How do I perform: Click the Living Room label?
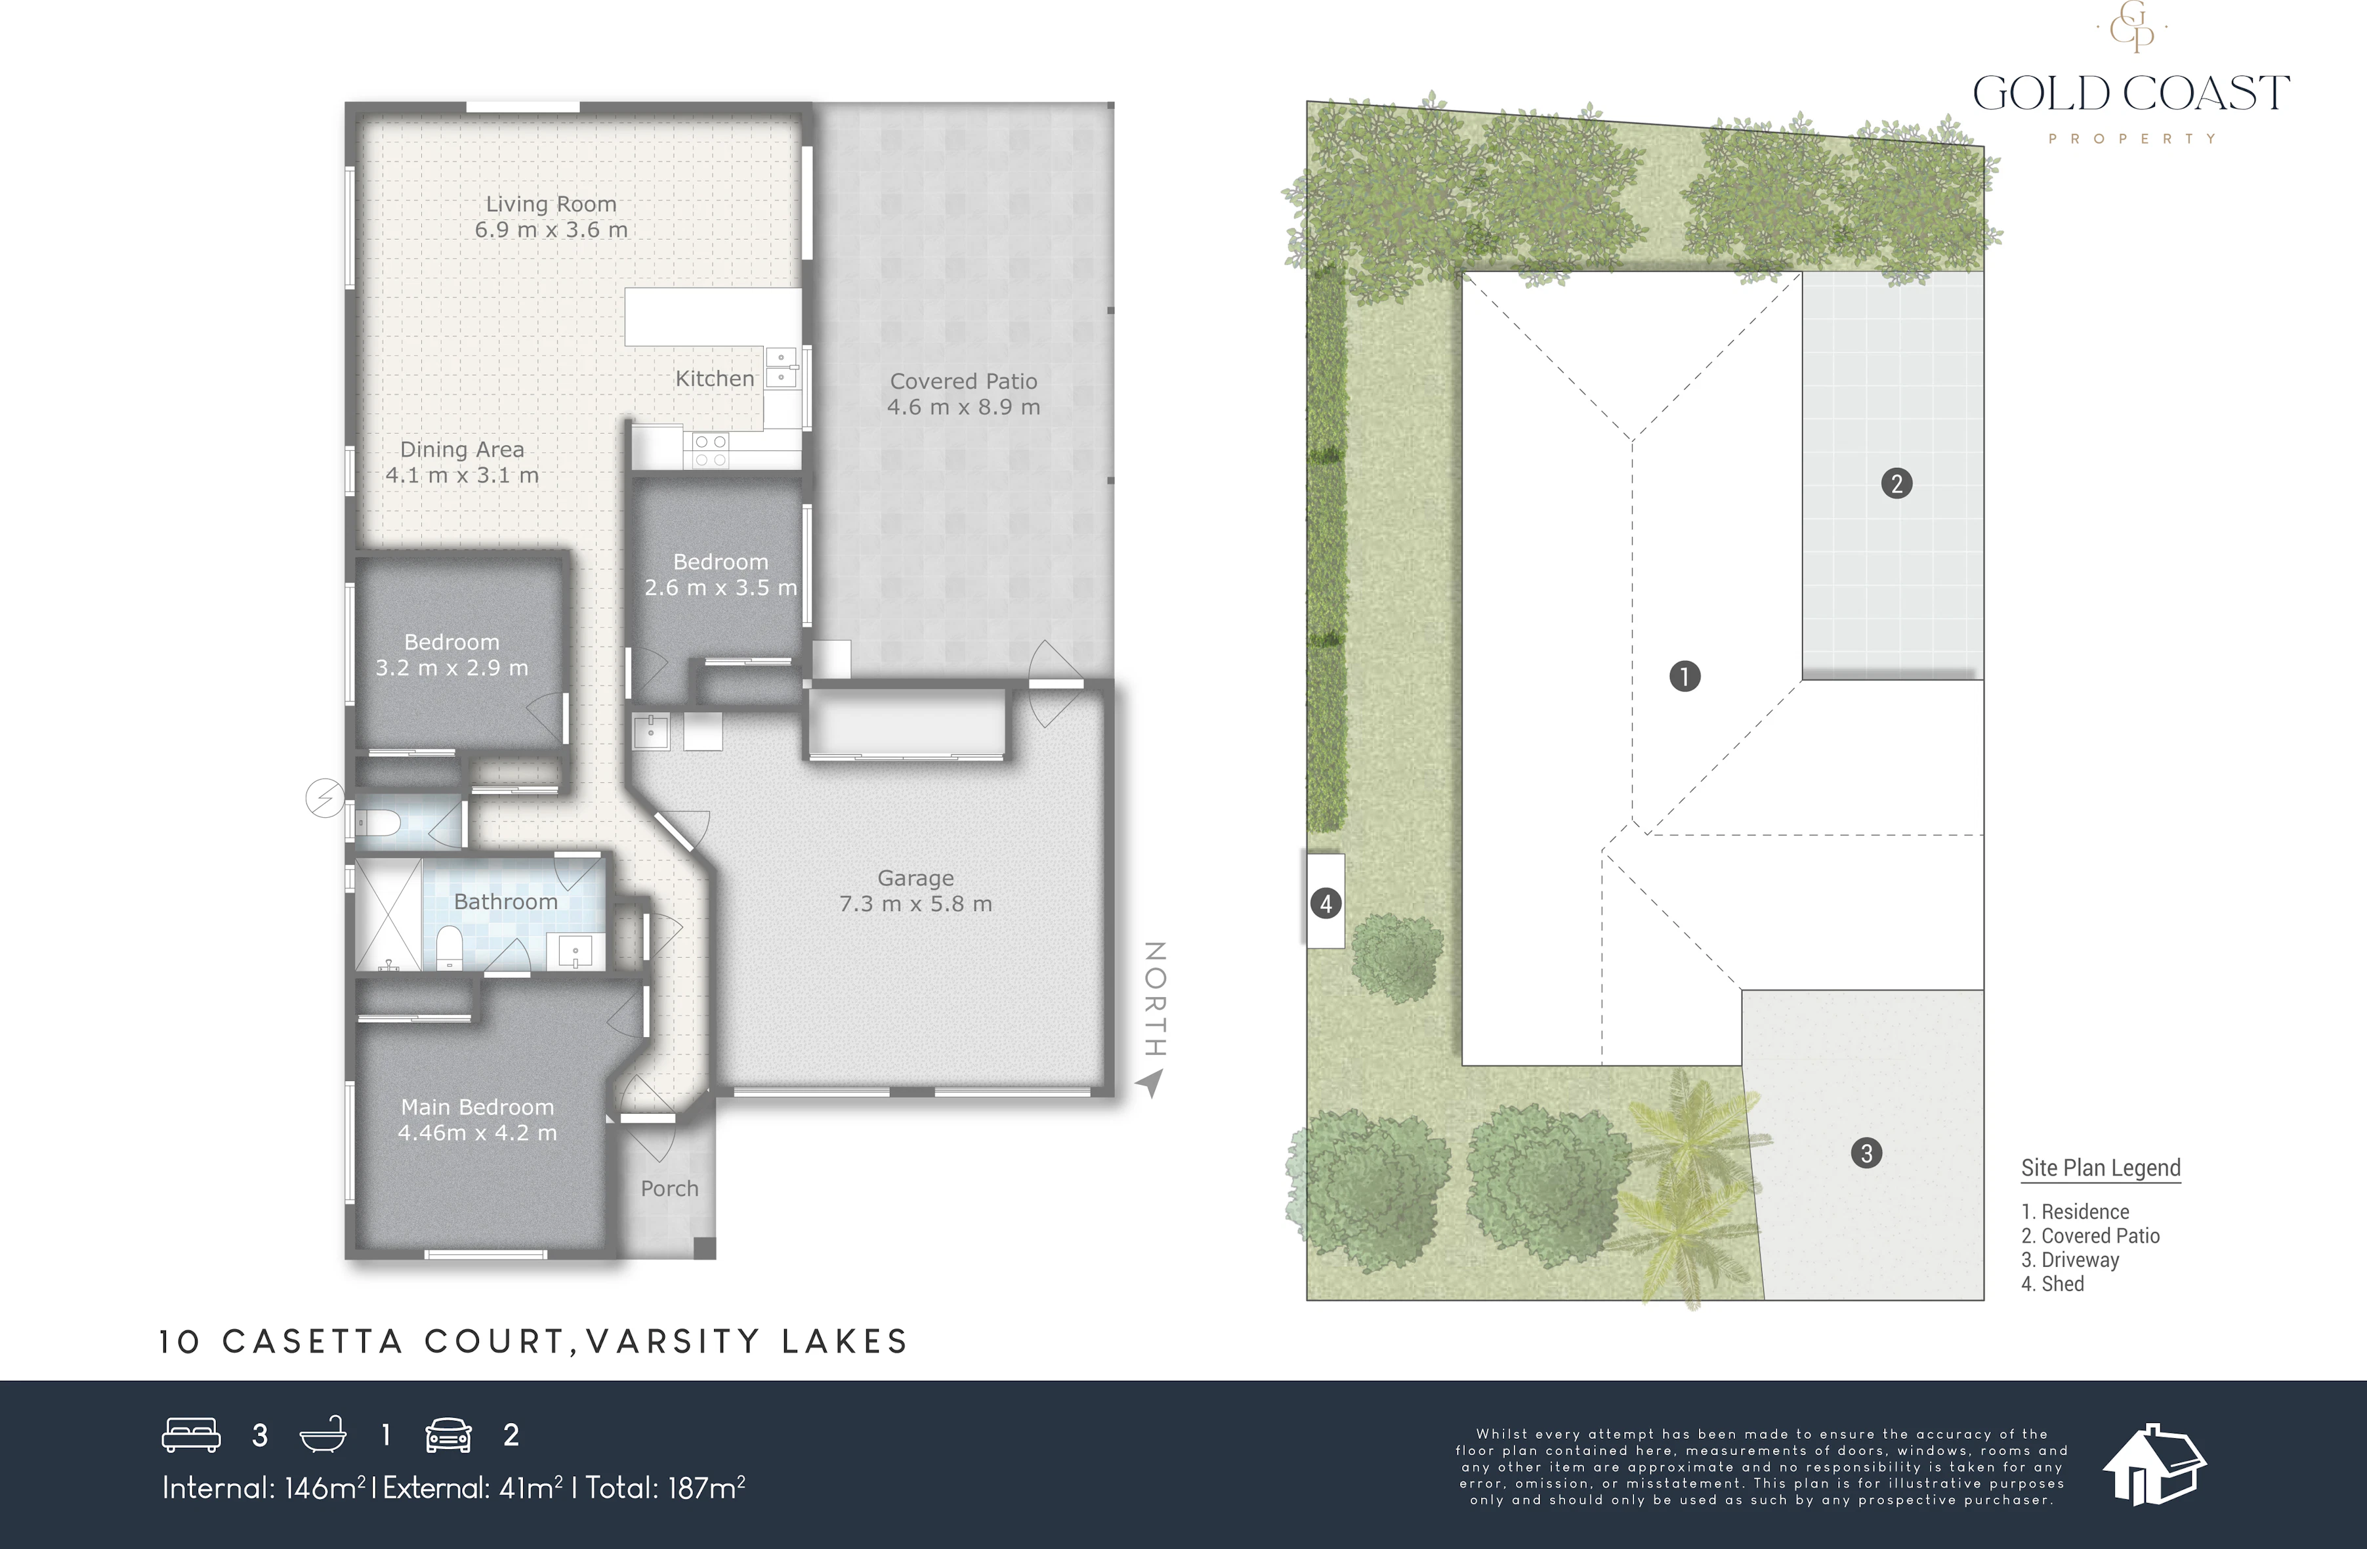click(x=551, y=204)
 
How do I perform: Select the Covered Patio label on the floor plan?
click(x=964, y=381)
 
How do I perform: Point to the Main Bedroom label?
click(x=477, y=1107)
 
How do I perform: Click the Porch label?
click(x=669, y=1189)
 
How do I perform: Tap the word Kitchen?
click(x=715, y=379)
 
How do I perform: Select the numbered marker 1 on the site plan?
click(x=1685, y=677)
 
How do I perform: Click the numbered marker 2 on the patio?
click(x=1896, y=484)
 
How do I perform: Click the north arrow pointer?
click(x=1150, y=1082)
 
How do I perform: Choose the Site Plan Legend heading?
click(x=2101, y=1168)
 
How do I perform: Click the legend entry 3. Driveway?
click(x=2070, y=1260)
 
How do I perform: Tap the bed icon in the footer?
click(x=191, y=1435)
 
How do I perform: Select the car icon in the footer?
click(x=449, y=1435)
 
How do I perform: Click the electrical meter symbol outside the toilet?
click(x=325, y=798)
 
